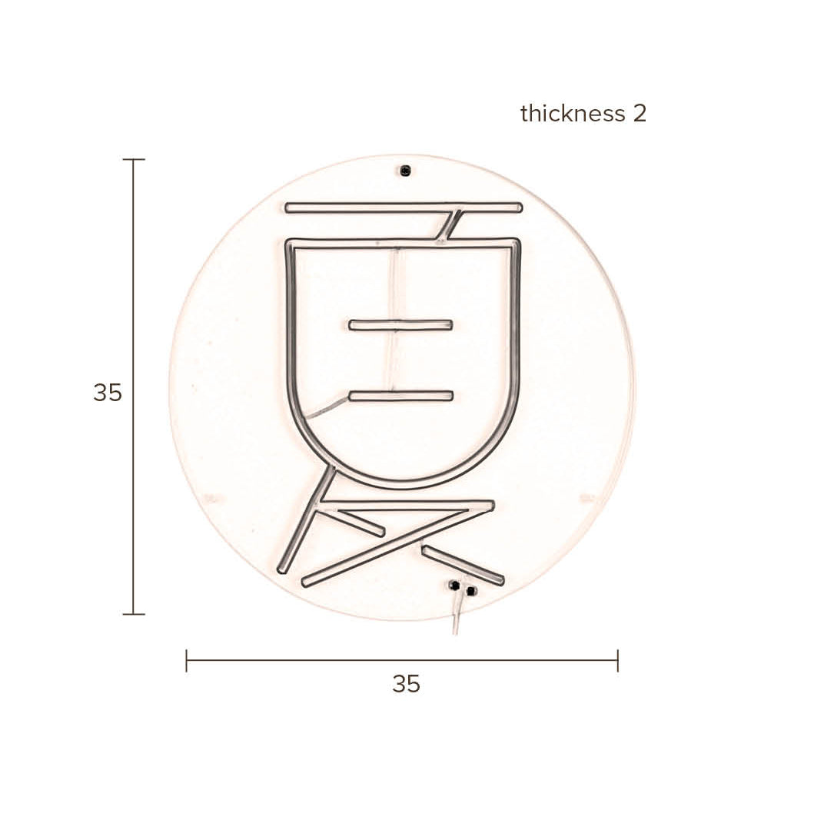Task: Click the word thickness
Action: click(573, 114)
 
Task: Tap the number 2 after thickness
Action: click(640, 114)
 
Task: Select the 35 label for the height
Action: click(108, 393)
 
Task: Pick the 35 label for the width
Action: click(406, 683)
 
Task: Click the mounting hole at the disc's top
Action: click(405, 171)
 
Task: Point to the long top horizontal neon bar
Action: click(404, 207)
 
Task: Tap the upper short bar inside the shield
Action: click(400, 325)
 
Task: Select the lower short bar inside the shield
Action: click(400, 396)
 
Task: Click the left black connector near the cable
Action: click(454, 586)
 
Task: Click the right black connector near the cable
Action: click(471, 590)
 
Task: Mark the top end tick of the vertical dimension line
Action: click(134, 160)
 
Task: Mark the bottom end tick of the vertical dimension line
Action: click(134, 614)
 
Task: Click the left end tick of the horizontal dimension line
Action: click(187, 660)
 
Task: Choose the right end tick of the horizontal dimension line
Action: click(617, 660)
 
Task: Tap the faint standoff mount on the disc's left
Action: click(211, 499)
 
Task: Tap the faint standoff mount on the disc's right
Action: click(587, 499)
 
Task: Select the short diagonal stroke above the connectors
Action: click(463, 565)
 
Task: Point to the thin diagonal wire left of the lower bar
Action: click(327, 408)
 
